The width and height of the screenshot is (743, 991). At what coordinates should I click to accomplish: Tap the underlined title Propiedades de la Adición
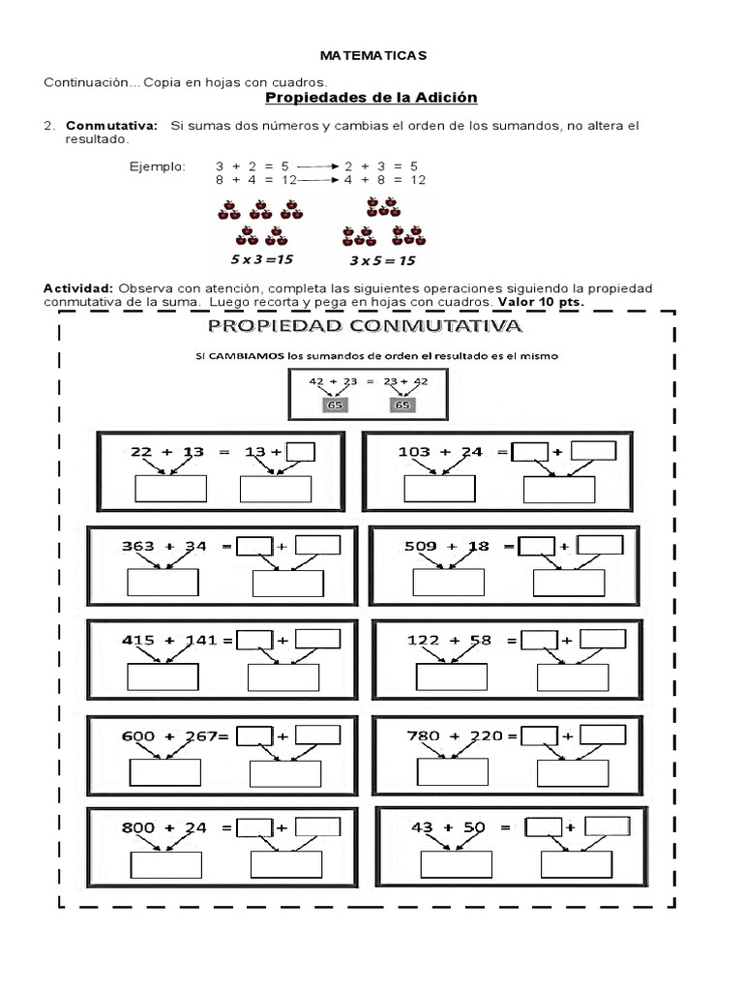371,98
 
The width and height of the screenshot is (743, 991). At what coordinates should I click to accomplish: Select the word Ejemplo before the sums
156,166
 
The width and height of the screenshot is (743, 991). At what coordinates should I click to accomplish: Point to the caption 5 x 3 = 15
260,260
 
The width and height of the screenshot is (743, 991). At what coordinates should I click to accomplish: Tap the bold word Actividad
78,288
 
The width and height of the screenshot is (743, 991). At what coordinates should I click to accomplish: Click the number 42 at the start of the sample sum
316,381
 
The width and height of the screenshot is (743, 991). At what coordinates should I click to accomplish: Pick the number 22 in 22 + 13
142,452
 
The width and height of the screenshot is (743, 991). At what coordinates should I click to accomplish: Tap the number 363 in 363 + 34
138,546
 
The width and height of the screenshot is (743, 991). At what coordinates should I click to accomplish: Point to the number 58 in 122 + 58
480,640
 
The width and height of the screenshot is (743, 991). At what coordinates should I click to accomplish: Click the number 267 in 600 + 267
200,736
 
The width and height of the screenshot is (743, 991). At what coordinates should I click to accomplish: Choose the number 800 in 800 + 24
138,827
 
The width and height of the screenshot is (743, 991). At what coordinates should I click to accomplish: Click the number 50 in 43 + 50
474,827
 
